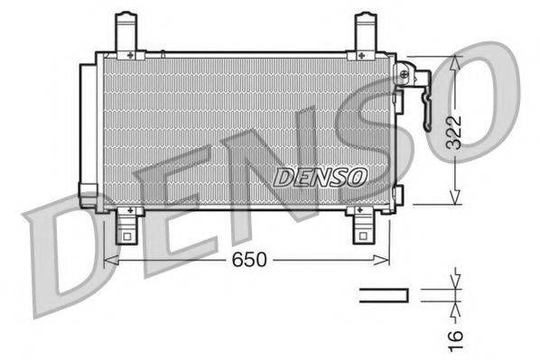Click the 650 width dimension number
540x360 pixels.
pos(250,261)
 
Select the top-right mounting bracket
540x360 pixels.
pos(366,33)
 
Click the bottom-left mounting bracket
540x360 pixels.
pos(127,226)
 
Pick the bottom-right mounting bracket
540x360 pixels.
pos(362,226)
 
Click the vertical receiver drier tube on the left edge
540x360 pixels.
pos(88,131)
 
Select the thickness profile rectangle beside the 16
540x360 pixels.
pos(384,294)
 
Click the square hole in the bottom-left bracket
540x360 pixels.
pos(126,238)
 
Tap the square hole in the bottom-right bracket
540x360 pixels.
pos(362,238)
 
